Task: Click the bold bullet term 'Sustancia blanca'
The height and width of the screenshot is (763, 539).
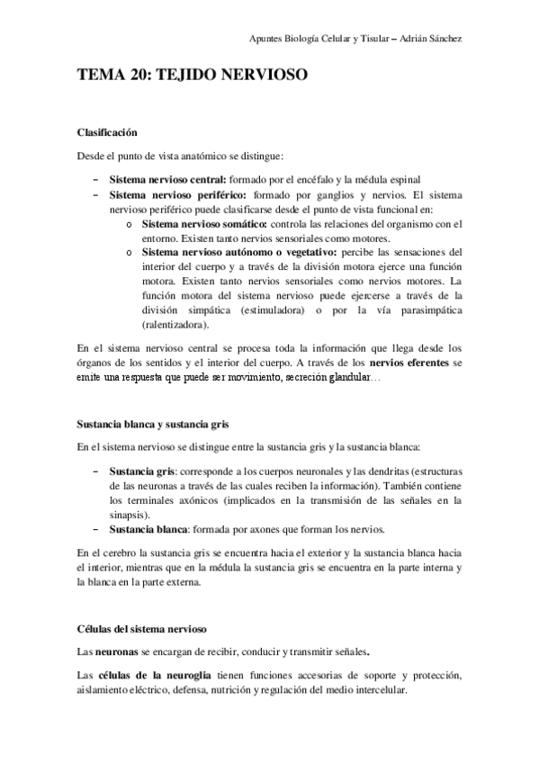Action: tap(147, 528)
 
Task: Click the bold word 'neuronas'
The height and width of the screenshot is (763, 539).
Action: tap(117, 650)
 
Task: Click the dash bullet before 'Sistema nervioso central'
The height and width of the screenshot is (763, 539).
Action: tap(95, 179)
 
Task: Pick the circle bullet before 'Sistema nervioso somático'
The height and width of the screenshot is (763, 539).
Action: tap(130, 224)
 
